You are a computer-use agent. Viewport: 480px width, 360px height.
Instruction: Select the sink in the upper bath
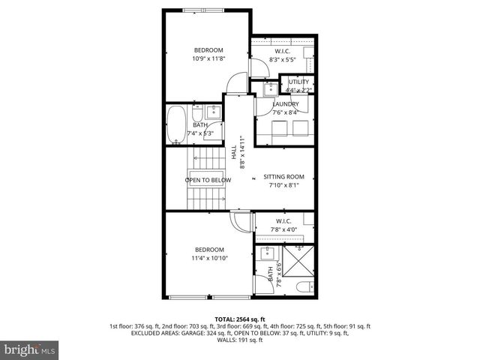211,113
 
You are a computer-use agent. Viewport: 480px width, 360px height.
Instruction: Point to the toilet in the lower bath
303,286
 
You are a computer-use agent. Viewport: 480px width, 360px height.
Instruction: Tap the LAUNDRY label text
285,104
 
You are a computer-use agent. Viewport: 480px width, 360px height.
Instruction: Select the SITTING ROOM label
283,176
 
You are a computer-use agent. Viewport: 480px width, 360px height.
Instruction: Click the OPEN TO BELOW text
208,180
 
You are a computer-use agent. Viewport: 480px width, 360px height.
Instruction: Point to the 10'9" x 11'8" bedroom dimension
208,58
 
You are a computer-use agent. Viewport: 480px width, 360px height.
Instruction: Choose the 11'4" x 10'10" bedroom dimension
209,258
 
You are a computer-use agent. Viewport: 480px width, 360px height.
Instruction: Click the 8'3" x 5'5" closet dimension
283,58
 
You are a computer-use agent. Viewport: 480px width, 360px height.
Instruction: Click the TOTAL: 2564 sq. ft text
239,319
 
